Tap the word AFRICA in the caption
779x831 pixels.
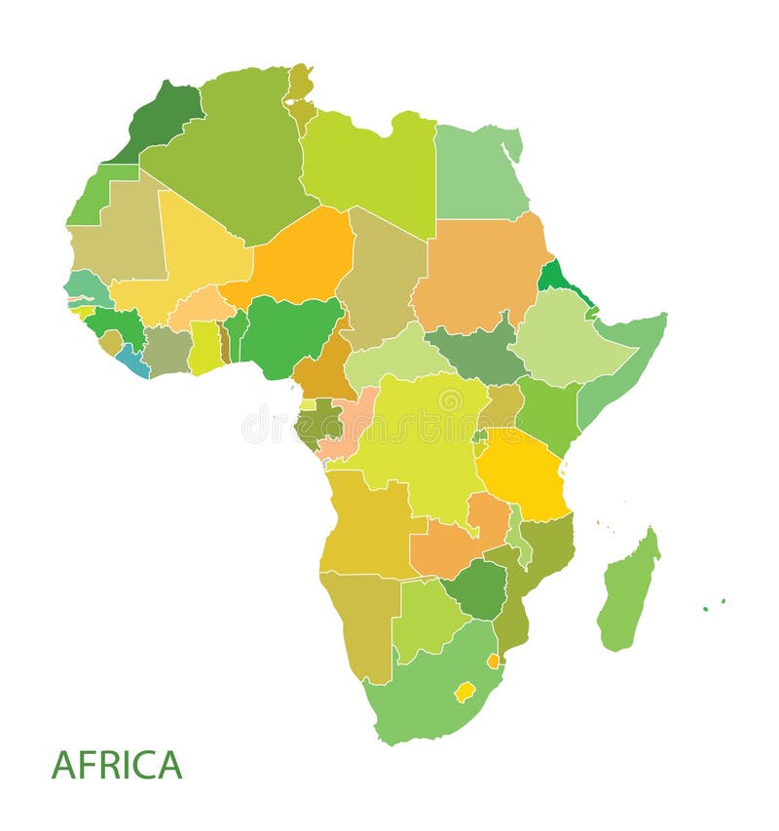click(117, 765)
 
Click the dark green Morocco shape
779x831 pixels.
click(161, 122)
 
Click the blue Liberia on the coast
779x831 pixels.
click(132, 361)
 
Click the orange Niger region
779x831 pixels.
click(297, 258)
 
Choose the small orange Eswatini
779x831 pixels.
click(494, 661)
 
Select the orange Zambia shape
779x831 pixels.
click(453, 546)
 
